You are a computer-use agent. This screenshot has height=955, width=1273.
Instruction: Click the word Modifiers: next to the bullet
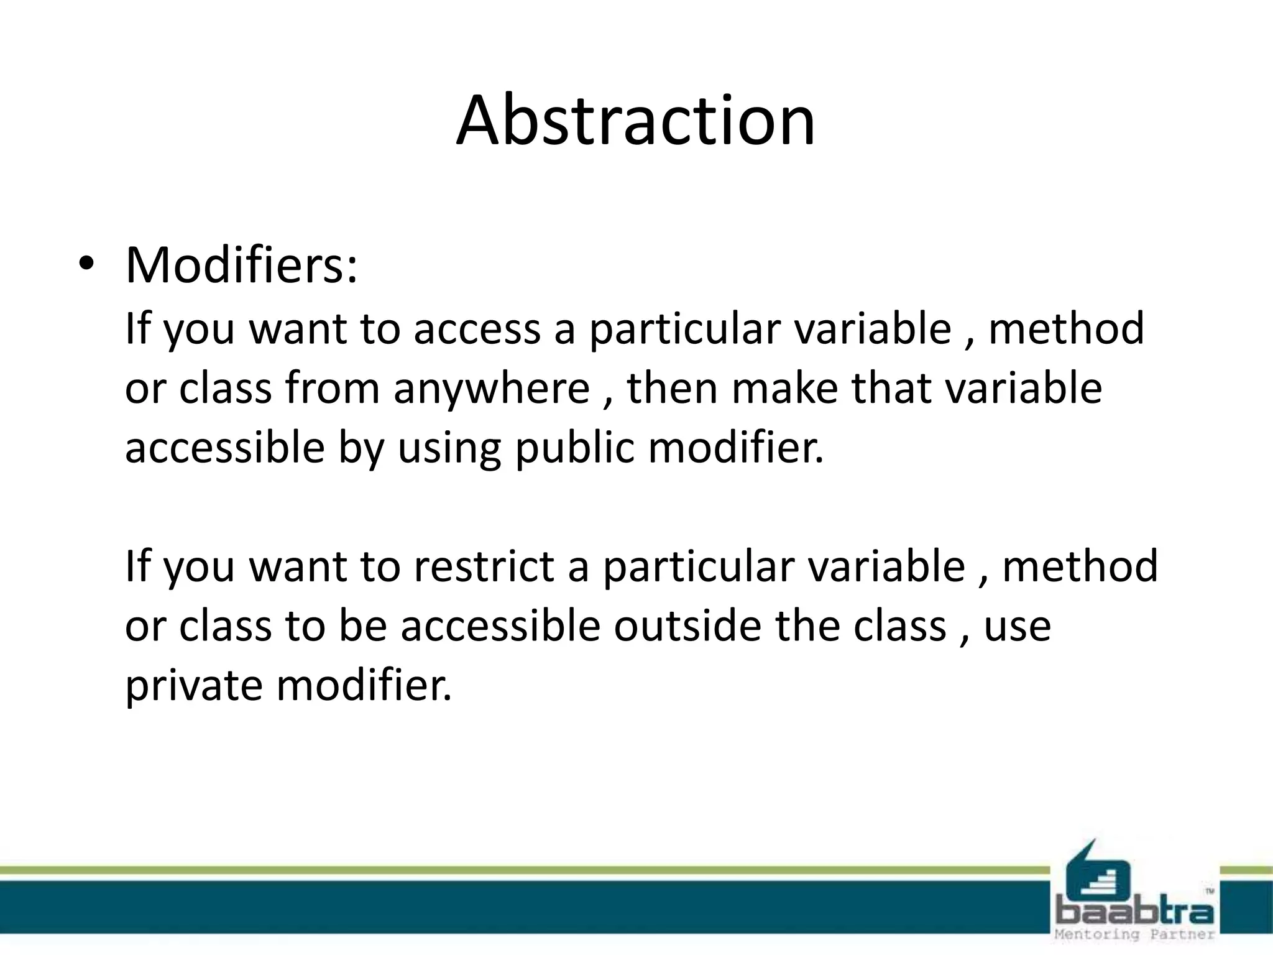(242, 265)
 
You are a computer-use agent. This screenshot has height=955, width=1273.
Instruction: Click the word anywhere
(491, 389)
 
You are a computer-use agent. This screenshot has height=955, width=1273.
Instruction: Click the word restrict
(484, 566)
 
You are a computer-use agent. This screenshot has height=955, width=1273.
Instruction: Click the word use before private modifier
(1018, 627)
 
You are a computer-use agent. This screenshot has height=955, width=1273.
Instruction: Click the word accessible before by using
(225, 448)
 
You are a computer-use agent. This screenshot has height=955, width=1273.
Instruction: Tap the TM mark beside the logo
(1210, 892)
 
